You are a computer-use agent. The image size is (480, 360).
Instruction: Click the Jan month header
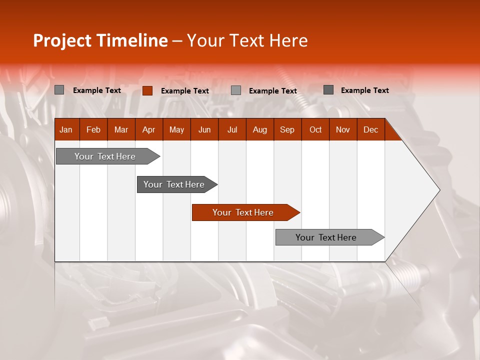(x=66, y=129)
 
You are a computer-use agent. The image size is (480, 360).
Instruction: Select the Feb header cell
(x=93, y=129)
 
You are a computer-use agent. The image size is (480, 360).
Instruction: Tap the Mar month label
(x=121, y=129)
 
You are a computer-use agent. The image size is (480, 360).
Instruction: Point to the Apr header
(x=148, y=129)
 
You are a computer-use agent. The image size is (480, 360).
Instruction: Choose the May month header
(x=176, y=129)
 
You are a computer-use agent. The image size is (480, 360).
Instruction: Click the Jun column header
(x=204, y=129)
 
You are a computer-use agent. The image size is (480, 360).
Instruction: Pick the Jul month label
(x=232, y=129)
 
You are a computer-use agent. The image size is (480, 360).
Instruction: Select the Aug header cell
(x=259, y=129)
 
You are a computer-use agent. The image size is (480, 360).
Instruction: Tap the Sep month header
(x=287, y=129)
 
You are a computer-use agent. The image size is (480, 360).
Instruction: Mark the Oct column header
(x=315, y=129)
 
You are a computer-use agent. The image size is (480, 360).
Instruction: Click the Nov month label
(x=343, y=129)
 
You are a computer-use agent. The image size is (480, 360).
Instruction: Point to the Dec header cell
(x=370, y=129)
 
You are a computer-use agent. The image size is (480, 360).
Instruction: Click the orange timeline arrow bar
(x=243, y=212)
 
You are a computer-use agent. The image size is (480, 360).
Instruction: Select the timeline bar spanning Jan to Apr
(x=105, y=156)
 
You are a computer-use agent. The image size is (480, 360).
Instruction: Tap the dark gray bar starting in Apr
(x=174, y=184)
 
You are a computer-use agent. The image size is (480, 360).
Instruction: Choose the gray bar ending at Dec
(x=326, y=237)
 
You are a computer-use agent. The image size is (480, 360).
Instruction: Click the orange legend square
(x=147, y=90)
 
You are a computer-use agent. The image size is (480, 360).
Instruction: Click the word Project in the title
(x=62, y=40)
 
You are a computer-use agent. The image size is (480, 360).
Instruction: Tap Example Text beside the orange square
(x=185, y=91)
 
